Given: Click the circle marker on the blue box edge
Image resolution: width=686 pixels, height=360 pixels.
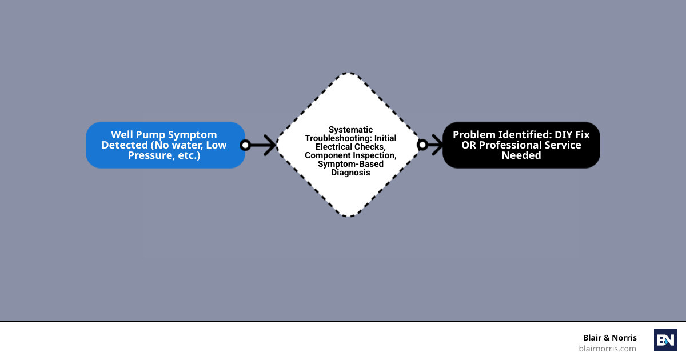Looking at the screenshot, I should [x=245, y=145].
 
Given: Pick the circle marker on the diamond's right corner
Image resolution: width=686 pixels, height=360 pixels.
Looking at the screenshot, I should [x=422, y=145].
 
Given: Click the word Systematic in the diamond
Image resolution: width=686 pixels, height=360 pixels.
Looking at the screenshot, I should [x=350, y=130].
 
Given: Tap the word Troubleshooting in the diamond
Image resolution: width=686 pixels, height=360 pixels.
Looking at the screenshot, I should [x=338, y=138].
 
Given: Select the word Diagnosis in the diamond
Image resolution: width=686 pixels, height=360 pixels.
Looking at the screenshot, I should [x=350, y=173].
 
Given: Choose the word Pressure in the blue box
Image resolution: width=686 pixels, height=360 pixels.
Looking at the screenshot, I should [x=149, y=155].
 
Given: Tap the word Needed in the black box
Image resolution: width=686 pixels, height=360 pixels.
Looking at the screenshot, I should [x=521, y=155].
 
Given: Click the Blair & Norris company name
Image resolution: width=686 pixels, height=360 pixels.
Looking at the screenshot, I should [x=609, y=338].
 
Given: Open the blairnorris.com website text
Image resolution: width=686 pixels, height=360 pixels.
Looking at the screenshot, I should [x=607, y=349].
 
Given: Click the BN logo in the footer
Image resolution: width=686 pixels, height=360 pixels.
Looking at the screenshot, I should [x=665, y=340].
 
